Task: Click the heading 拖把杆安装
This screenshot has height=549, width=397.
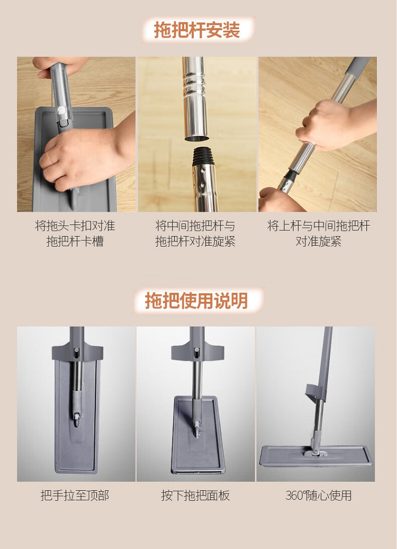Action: coord(197,30)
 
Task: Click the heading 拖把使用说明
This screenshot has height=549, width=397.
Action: coord(196,300)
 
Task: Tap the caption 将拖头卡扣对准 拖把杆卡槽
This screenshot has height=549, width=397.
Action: coord(75,233)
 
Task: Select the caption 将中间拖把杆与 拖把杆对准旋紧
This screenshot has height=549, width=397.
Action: coord(195,233)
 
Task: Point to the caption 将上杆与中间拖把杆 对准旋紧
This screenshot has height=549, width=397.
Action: coord(318,233)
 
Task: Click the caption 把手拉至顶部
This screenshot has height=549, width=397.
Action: coord(75,495)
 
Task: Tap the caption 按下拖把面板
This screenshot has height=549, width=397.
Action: coord(195,495)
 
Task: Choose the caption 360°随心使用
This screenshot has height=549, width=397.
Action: coord(318,495)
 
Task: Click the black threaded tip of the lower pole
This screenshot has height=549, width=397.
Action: coord(203,156)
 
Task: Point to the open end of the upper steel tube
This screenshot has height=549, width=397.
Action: coord(196,138)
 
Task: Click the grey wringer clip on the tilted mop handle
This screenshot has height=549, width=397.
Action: coord(315,393)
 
